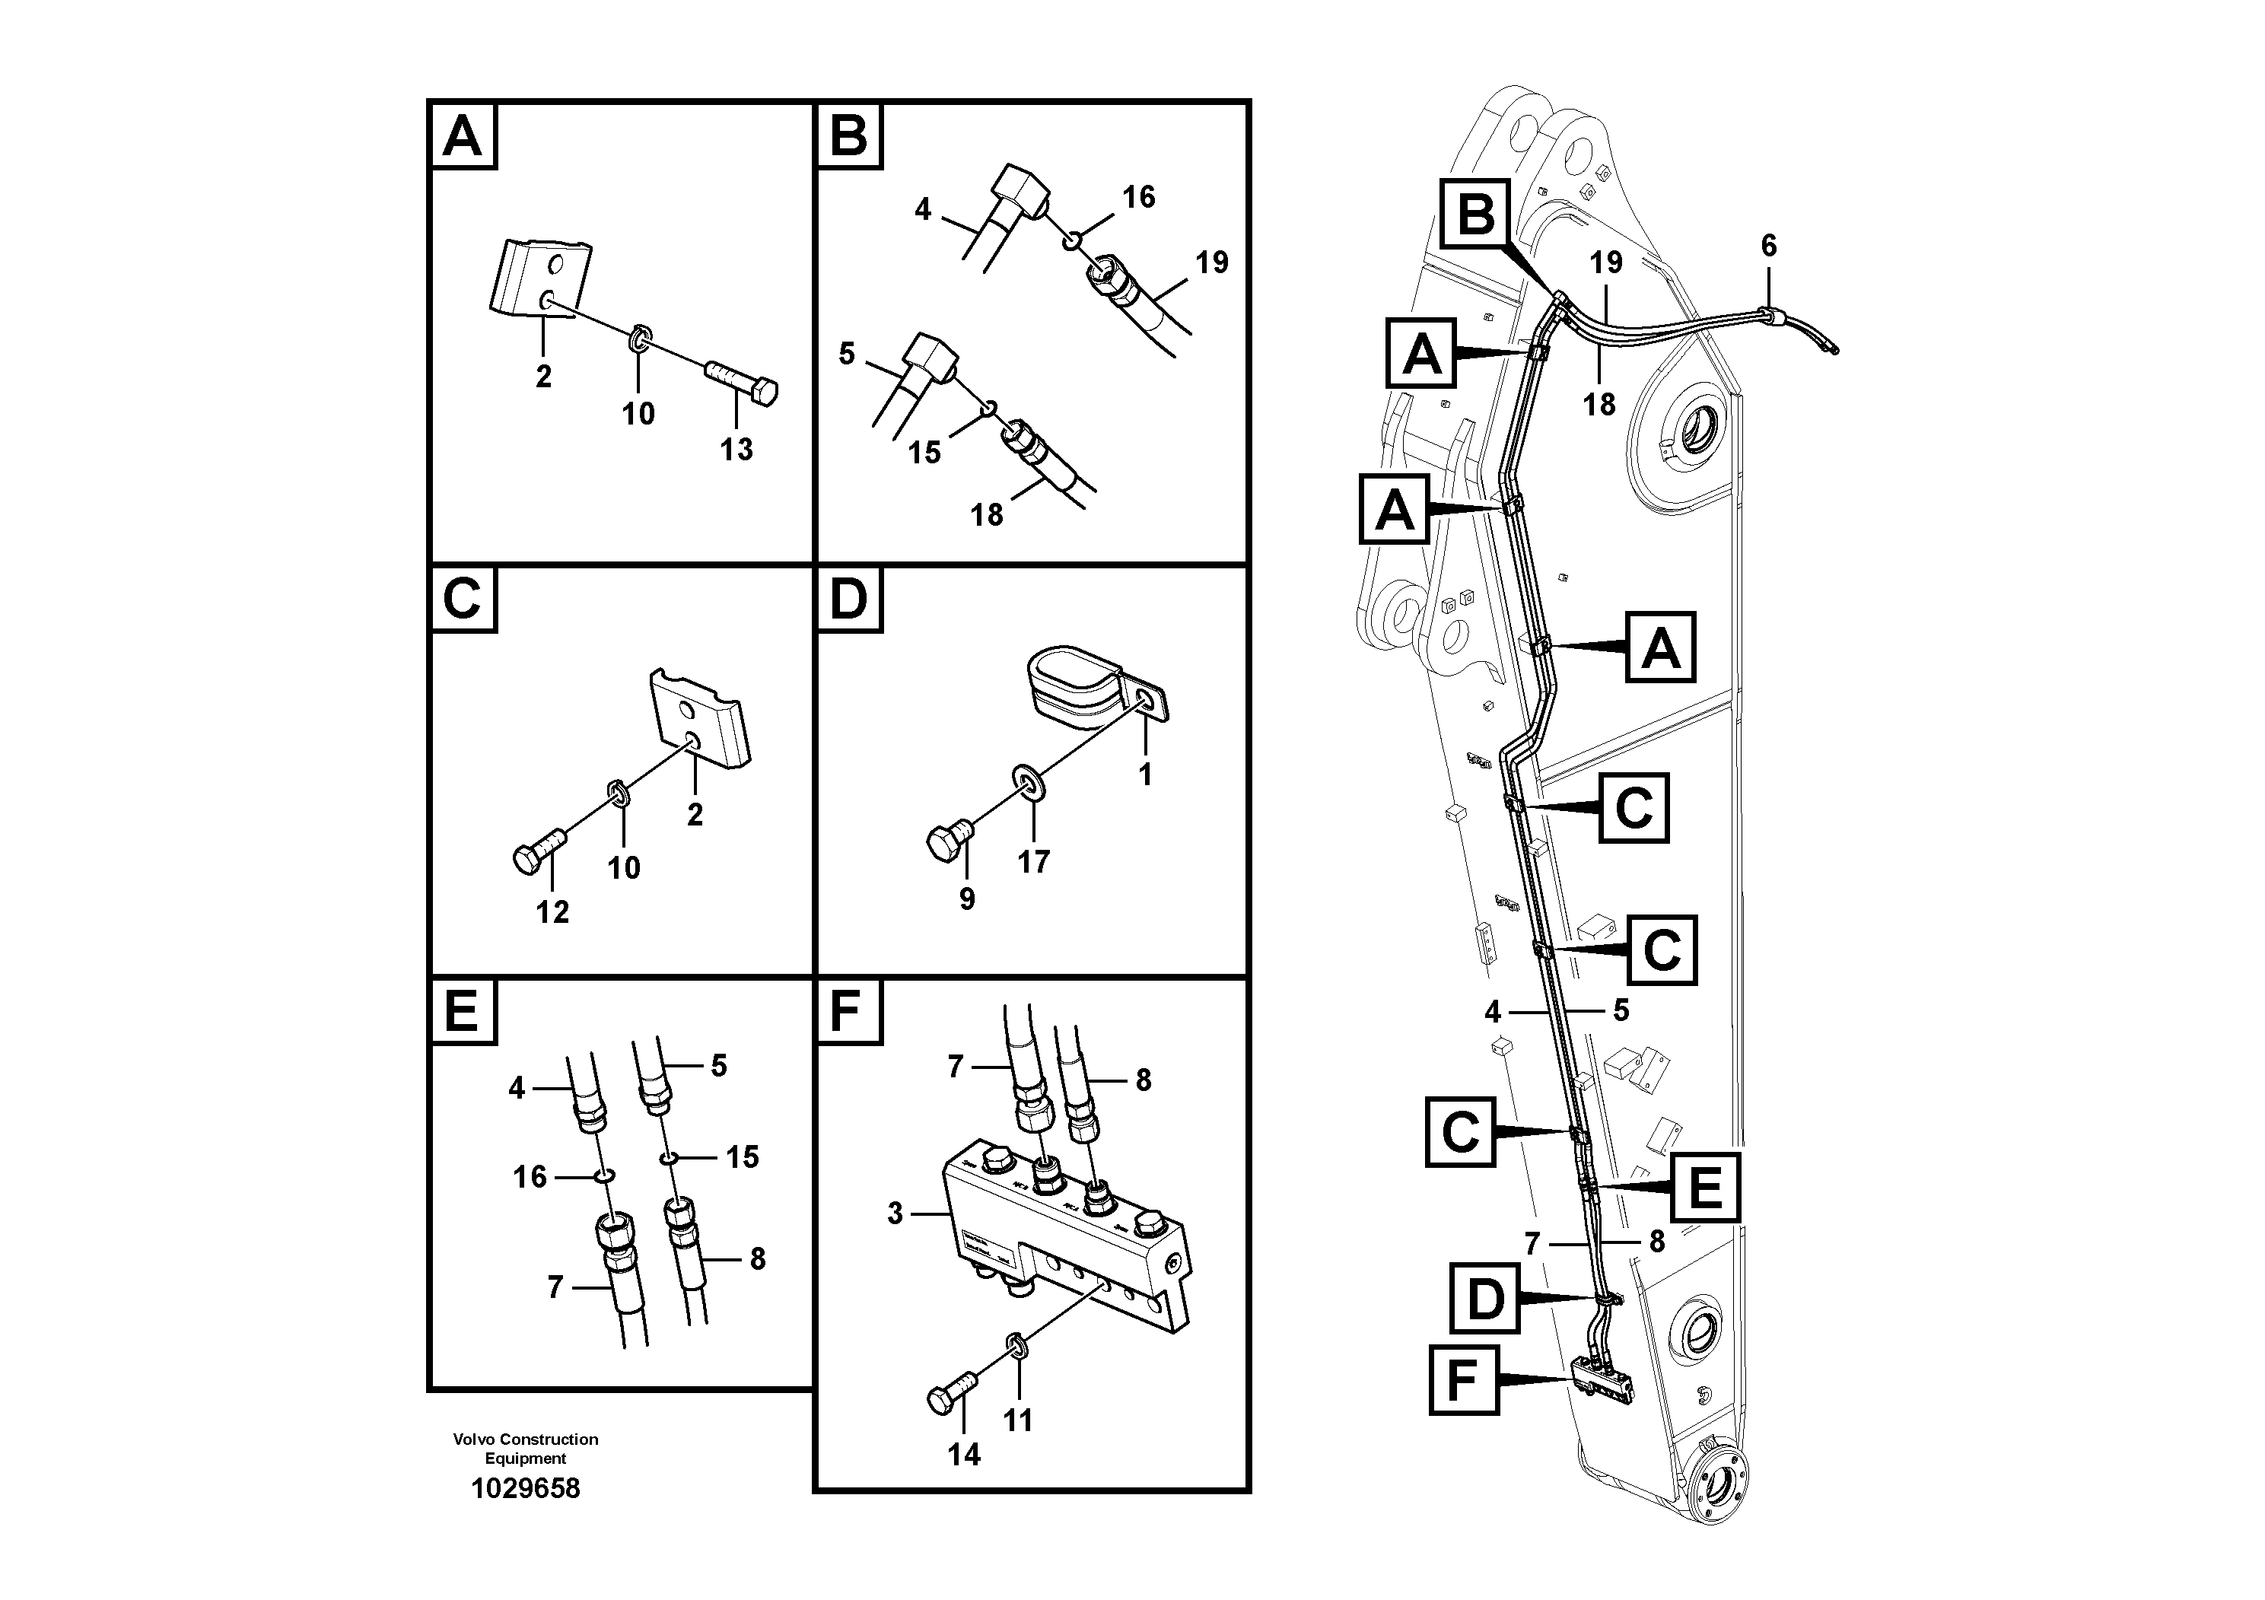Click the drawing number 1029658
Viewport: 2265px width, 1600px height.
(x=525, y=1488)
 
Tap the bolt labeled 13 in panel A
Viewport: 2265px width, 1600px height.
(x=742, y=383)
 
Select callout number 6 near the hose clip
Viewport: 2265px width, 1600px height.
(x=1769, y=246)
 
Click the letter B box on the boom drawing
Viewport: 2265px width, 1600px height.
(x=1476, y=213)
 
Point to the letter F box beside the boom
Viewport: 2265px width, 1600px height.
(x=1464, y=1380)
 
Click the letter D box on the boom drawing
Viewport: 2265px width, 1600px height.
(x=1484, y=1299)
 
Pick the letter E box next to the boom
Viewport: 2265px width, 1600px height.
(x=1705, y=1187)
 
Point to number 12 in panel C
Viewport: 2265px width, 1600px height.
(x=552, y=911)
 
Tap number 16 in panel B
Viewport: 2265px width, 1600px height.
(x=1138, y=197)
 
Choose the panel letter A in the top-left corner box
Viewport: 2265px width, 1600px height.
(x=462, y=136)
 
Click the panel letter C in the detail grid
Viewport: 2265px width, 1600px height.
(x=462, y=598)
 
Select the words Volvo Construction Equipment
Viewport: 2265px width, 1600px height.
(x=525, y=1448)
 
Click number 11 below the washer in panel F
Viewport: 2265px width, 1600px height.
(x=1017, y=1420)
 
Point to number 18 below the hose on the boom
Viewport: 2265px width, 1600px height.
(x=1599, y=405)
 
